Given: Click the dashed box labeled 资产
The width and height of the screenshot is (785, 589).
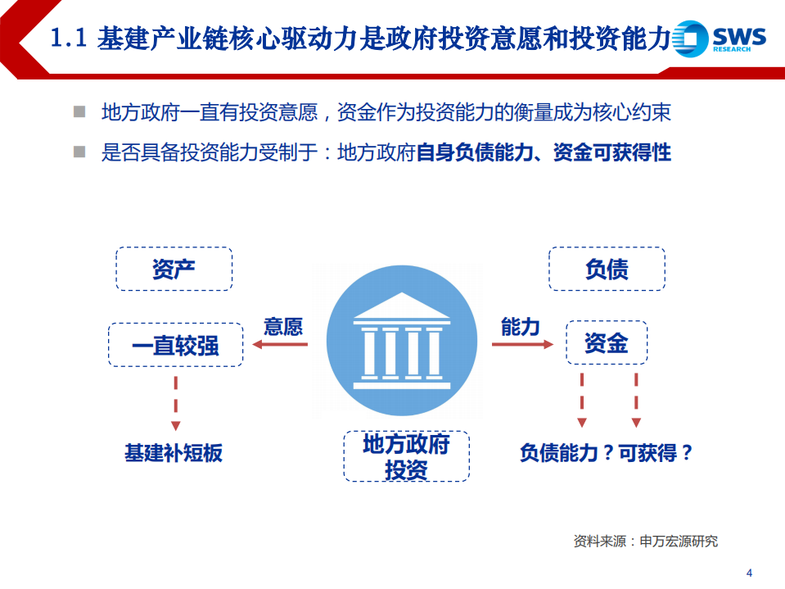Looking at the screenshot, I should click(x=174, y=269).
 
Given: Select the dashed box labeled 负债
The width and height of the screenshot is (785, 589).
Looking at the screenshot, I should click(x=607, y=269).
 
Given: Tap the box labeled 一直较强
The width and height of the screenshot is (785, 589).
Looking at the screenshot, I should click(x=175, y=344).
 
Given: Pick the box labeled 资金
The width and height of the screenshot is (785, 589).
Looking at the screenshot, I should click(x=607, y=342).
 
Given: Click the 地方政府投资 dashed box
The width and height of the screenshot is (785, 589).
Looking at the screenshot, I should click(x=406, y=456).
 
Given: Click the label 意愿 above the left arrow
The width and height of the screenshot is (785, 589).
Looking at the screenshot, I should click(x=283, y=326).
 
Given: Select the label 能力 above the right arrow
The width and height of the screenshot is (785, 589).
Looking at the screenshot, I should click(x=521, y=326).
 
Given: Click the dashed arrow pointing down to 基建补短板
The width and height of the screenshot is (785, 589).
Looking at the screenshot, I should click(x=175, y=401).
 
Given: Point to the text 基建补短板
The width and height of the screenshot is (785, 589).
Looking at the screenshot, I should click(x=174, y=453).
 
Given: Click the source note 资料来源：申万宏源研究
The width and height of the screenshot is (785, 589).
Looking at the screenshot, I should click(x=646, y=541).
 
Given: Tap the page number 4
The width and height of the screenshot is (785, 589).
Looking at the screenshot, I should click(x=749, y=572).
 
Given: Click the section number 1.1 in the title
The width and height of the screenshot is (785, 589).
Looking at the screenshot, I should click(x=69, y=38).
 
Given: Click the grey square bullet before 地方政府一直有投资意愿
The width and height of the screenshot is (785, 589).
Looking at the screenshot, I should click(x=79, y=111).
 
